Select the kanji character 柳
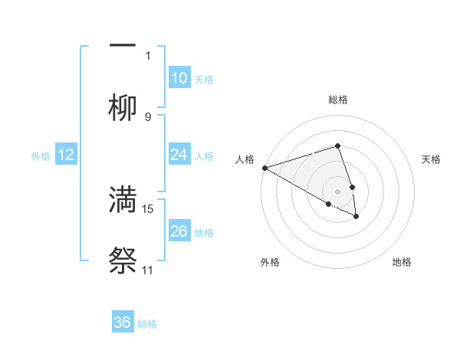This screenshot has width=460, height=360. click(123, 109)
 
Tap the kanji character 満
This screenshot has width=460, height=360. click(123, 200)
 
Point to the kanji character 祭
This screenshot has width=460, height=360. click(123, 261)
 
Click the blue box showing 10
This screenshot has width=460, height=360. click(179, 78)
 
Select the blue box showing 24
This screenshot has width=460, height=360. click(179, 155)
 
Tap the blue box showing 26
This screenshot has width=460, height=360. click(179, 231)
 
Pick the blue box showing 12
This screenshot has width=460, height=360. click(66, 155)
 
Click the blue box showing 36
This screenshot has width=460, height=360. click(123, 322)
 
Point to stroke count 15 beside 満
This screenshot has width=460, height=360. click(148, 208)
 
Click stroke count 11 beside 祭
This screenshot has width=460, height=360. click(148, 270)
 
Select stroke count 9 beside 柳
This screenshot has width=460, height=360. click(148, 116)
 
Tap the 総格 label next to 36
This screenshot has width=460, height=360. click(147, 324)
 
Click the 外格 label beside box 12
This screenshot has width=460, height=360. click(41, 156)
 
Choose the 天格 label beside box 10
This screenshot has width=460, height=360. click(204, 80)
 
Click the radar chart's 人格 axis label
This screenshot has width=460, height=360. click(245, 159)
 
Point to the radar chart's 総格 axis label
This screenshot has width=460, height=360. click(338, 100)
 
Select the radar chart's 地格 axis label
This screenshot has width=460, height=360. click(402, 262)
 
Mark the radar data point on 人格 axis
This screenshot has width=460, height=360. click(264, 168)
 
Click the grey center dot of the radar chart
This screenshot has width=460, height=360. click(338, 191)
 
